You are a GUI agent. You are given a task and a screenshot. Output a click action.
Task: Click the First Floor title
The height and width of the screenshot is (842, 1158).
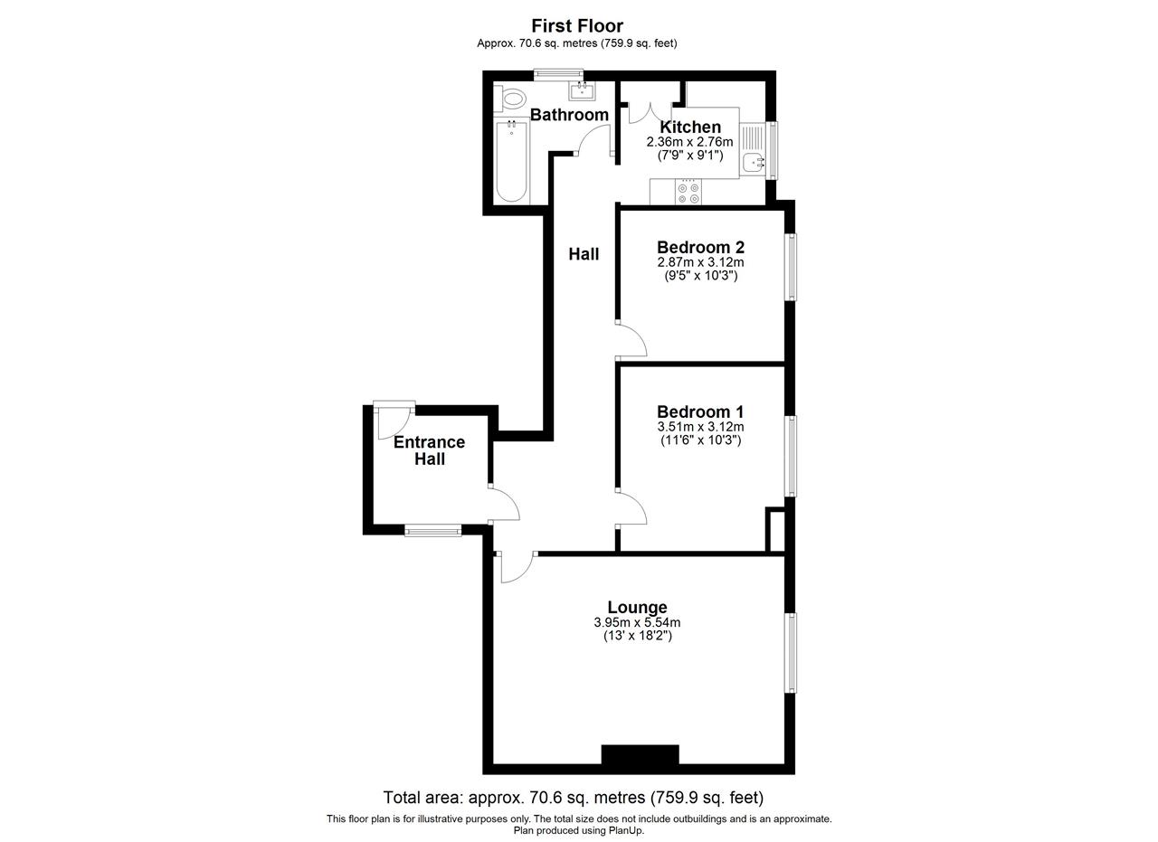point(577,25)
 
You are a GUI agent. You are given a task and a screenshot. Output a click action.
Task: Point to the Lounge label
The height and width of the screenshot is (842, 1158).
point(637,607)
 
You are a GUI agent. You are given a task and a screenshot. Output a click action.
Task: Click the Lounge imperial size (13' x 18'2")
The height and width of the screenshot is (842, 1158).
point(638,636)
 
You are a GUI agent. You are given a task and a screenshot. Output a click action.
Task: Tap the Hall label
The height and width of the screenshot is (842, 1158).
point(584,254)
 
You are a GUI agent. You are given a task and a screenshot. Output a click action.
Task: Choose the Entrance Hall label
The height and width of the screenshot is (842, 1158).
point(429,450)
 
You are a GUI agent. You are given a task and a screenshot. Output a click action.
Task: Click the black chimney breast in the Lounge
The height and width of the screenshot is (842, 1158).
point(640,754)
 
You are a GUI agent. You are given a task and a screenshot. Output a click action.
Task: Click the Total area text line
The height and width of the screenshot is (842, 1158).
point(573,798)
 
